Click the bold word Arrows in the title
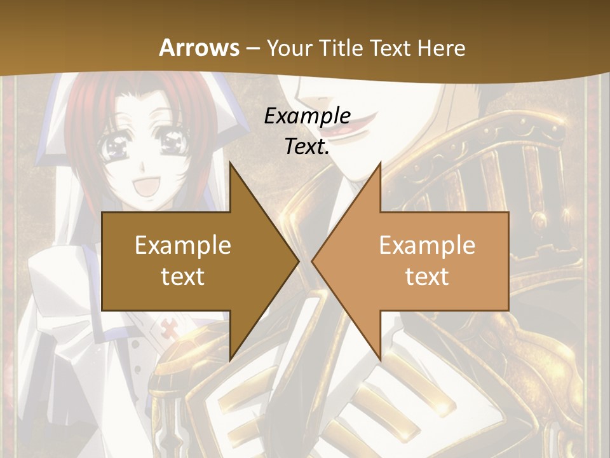(199, 48)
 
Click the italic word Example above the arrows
(307, 116)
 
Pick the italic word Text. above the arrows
(307, 146)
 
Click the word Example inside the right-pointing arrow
(183, 245)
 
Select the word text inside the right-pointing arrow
(183, 276)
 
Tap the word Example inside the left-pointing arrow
(427, 245)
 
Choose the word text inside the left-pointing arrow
(427, 276)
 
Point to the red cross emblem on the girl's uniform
(170, 330)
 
